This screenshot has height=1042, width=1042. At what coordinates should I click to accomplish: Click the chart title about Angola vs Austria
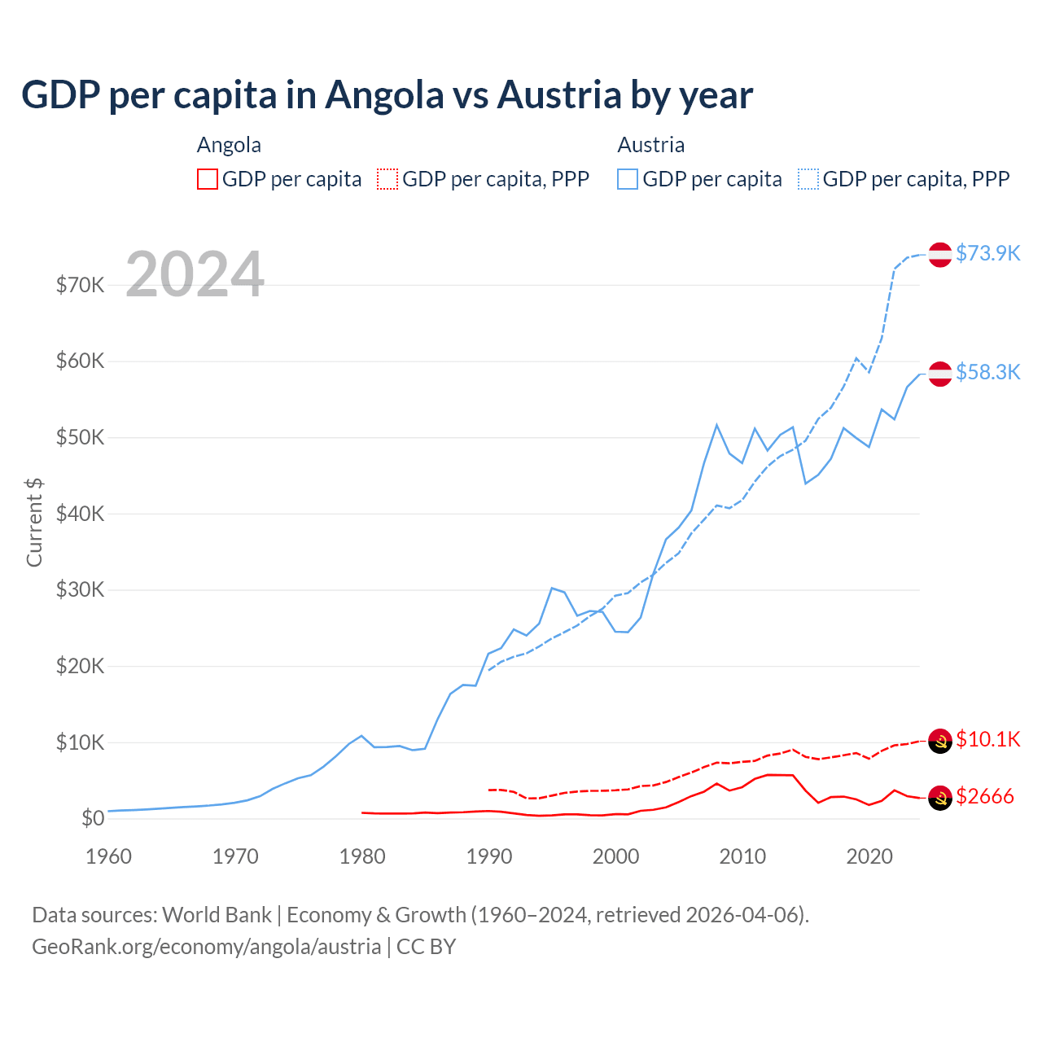[387, 95]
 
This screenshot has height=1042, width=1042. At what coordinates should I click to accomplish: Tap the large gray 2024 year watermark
[195, 274]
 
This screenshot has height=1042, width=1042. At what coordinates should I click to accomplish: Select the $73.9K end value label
[987, 253]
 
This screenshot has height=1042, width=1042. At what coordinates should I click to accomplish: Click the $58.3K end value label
[987, 372]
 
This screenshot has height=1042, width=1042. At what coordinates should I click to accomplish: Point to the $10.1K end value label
[987, 739]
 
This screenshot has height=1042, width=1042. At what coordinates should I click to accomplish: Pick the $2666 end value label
[984, 796]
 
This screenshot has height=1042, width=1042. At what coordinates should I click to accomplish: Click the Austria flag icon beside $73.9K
[940, 254]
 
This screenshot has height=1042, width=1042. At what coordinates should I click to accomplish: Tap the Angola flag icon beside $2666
[940, 799]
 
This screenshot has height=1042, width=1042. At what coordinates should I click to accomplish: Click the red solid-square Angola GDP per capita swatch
[208, 179]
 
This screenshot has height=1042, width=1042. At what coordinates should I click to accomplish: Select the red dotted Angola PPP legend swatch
[387, 179]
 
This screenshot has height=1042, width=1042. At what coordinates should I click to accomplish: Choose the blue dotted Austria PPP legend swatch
[808, 179]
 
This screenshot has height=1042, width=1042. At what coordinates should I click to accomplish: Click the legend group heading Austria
[650, 145]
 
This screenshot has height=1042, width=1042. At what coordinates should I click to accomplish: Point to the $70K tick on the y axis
[80, 285]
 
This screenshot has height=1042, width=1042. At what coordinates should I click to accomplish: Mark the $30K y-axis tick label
[80, 589]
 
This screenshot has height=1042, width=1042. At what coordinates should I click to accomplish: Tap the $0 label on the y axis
[93, 818]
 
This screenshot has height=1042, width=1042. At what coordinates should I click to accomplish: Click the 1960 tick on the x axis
[108, 856]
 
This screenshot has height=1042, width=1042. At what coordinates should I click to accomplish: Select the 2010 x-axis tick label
[742, 856]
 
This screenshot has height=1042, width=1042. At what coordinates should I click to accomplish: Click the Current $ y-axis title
[34, 522]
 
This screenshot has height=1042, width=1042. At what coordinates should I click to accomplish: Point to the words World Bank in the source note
[217, 915]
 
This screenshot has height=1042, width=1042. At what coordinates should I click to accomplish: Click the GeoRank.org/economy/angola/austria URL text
[206, 947]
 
